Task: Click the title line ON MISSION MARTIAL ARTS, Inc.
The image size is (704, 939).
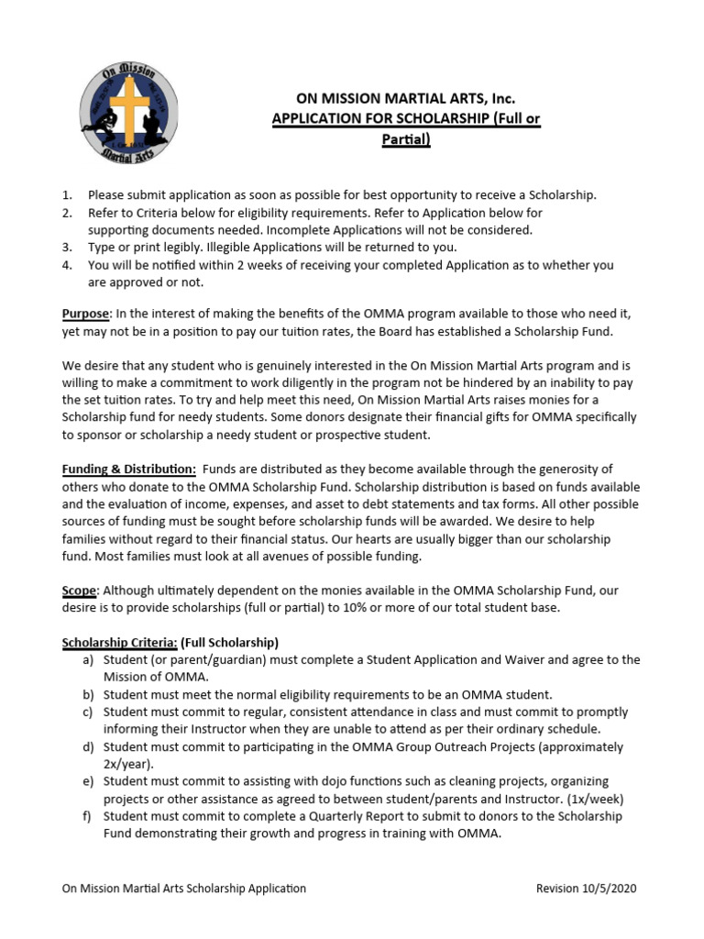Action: (404, 99)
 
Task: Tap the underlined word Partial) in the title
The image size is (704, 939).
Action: (404, 139)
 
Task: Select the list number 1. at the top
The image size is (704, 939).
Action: (66, 195)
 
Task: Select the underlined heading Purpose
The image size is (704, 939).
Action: (84, 314)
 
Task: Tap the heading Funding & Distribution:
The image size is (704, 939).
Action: (128, 469)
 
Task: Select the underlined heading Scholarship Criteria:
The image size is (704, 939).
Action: (119, 642)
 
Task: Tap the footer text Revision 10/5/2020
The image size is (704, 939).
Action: (586, 889)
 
